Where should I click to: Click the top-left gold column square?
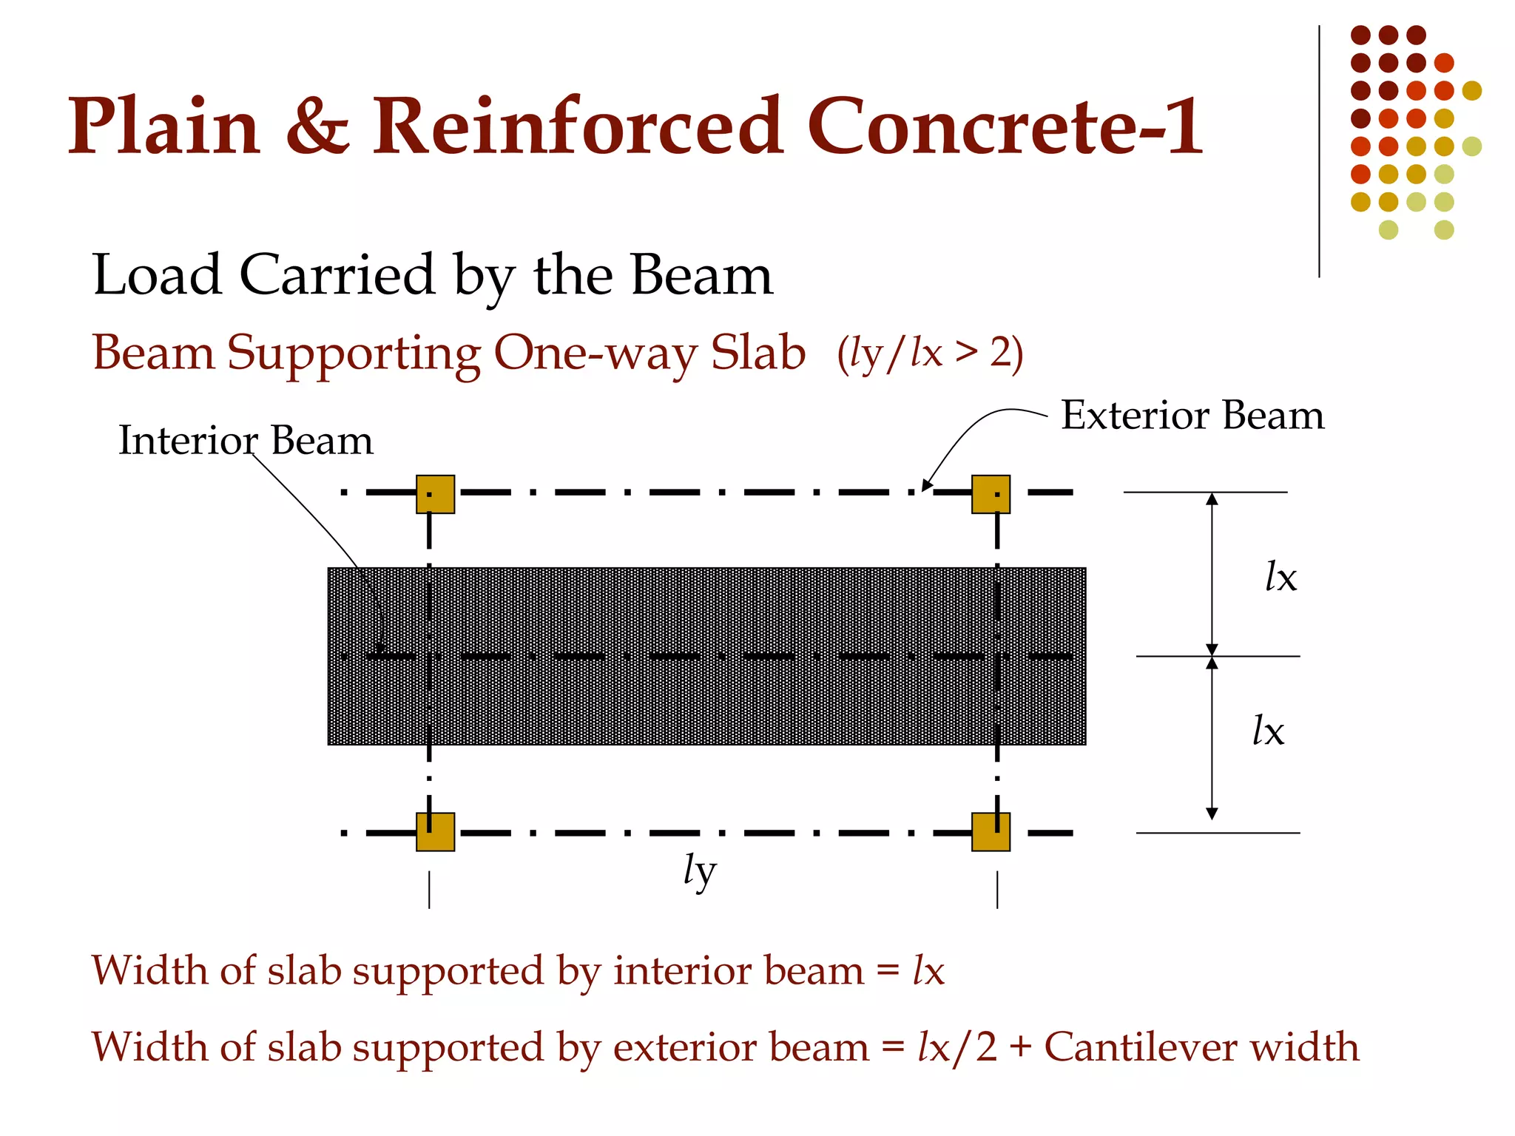435,494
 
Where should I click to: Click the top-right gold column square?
991,494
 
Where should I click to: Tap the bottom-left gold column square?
435,832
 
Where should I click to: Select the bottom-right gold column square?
991,832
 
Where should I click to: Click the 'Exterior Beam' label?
1192,416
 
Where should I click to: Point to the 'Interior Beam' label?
246,441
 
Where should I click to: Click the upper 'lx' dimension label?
1281,577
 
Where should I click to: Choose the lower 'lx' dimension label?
1268,731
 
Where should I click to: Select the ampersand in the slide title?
317,127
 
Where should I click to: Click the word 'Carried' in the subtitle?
337,275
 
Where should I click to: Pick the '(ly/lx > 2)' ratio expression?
930,354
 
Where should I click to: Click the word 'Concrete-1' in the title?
1005,127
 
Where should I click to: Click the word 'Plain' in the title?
163,127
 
